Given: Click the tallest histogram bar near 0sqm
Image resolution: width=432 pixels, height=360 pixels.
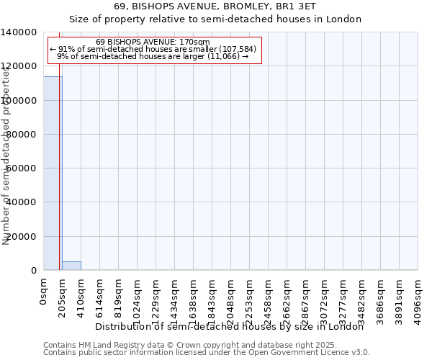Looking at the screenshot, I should [52, 173].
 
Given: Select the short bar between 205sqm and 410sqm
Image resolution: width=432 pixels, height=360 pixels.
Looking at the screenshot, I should [71, 266].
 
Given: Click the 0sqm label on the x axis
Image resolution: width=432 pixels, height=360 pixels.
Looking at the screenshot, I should [44, 291].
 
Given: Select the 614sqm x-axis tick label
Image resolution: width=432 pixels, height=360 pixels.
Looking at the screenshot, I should [100, 296].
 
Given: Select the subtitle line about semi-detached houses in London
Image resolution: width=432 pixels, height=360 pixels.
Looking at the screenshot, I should [215, 19].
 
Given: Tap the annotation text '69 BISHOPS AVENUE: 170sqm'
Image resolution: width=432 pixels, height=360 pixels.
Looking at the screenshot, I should [153, 42].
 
